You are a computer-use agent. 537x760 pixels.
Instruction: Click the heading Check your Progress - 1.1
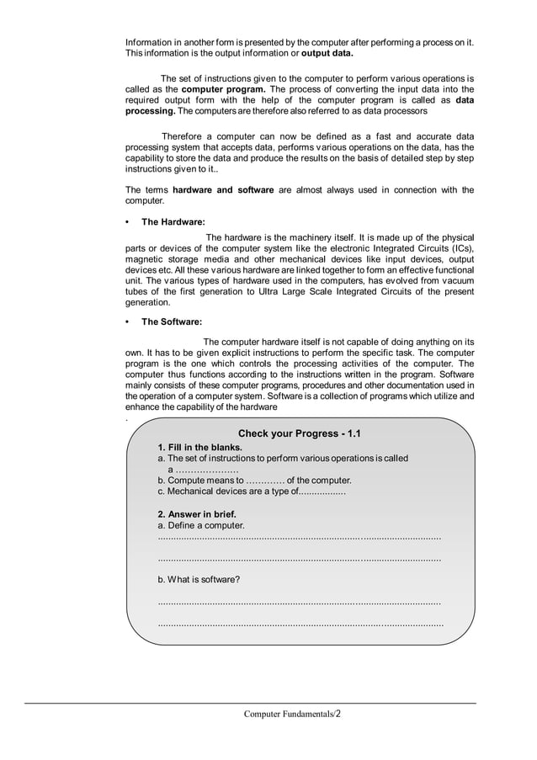pyautogui.click(x=299, y=433)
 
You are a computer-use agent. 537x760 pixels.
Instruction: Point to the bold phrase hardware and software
pyautogui.click(x=223, y=190)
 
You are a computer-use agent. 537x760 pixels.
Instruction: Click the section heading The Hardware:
pyautogui.click(x=173, y=222)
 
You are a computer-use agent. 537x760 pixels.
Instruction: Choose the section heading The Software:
pyautogui.click(x=172, y=322)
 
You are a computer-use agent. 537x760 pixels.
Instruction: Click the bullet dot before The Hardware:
pyautogui.click(x=127, y=222)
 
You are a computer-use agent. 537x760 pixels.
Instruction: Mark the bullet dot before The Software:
pyautogui.click(x=127, y=322)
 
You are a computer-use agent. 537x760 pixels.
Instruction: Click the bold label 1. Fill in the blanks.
pyautogui.click(x=200, y=447)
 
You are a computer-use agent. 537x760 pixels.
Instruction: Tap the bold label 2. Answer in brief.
pyautogui.click(x=197, y=513)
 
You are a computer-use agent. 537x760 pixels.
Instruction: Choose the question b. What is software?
pyautogui.click(x=199, y=579)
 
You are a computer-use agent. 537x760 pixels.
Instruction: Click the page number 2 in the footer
pyautogui.click(x=338, y=714)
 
